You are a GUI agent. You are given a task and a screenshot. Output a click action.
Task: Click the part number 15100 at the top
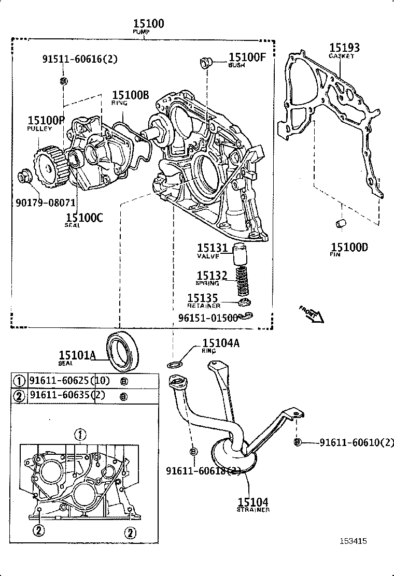tap(148, 23)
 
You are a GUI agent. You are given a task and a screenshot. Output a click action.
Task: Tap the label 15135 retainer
tap(203, 298)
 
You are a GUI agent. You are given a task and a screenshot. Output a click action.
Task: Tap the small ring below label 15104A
tap(175, 365)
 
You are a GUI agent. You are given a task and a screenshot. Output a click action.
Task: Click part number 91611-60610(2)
tap(356, 442)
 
